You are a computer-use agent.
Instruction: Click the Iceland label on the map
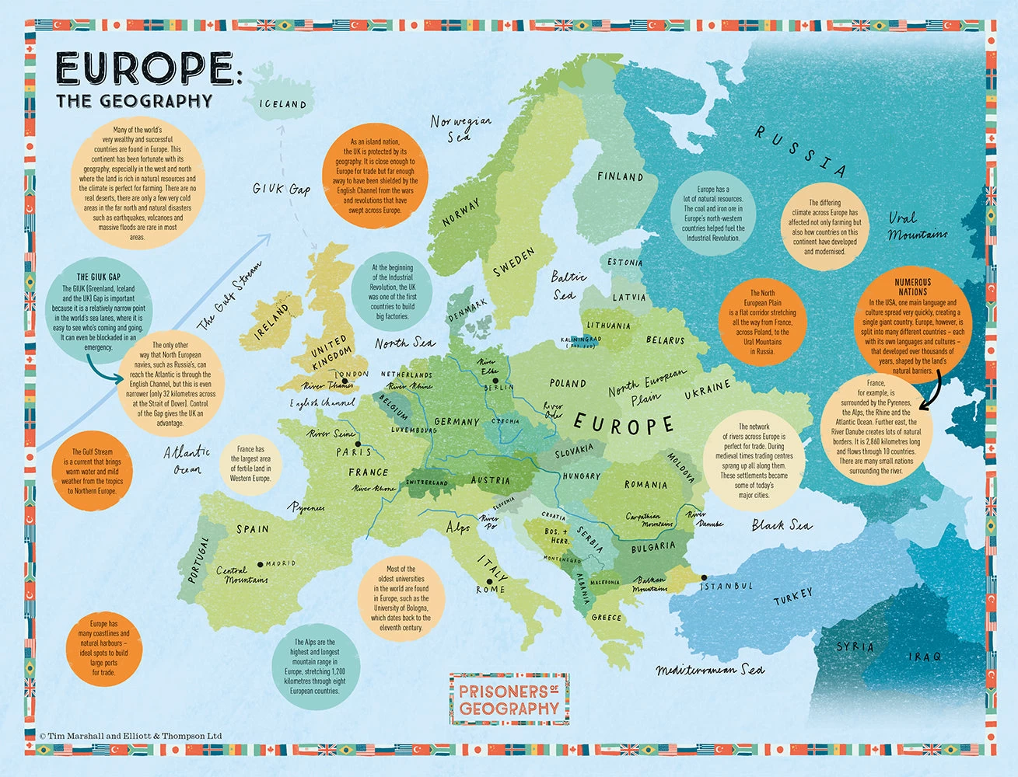point(282,104)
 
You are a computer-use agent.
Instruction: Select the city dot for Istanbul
point(703,577)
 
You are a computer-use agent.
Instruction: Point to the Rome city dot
point(489,580)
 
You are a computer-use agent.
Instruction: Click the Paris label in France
point(353,452)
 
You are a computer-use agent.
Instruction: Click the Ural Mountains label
point(918,226)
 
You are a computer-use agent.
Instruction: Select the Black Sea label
point(781,526)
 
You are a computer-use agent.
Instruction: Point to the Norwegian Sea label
point(460,129)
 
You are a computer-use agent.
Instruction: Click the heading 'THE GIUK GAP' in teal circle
point(99,277)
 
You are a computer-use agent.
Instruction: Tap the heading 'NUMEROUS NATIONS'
point(911,287)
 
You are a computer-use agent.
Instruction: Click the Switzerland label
point(427,483)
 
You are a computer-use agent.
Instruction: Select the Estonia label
point(624,263)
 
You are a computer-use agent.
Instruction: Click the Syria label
point(855,646)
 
